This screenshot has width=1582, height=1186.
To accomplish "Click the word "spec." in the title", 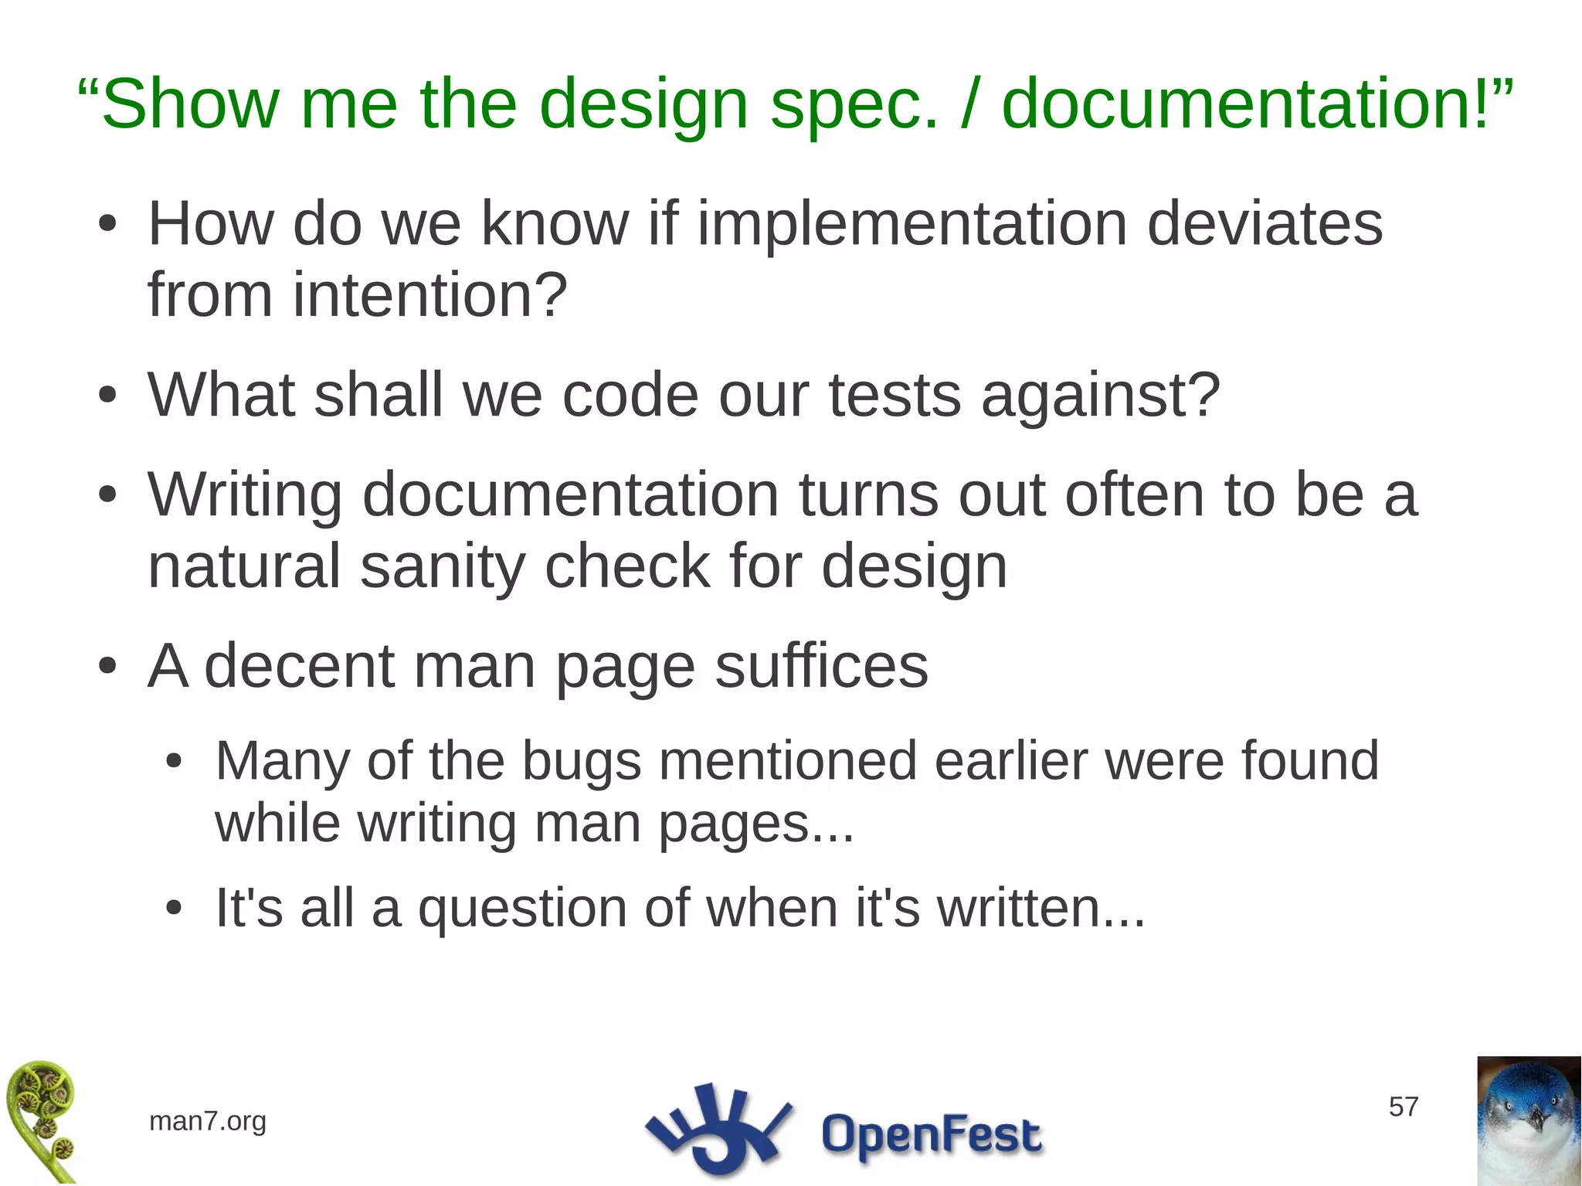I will tap(854, 104).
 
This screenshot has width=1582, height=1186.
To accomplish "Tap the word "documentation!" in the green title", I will tap(1244, 104).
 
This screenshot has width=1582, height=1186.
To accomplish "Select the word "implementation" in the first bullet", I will tap(912, 224).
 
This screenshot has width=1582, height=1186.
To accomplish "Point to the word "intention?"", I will tap(429, 296).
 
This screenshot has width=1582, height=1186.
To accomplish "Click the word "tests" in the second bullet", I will tap(895, 395).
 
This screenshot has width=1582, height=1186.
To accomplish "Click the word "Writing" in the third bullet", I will tap(245, 496).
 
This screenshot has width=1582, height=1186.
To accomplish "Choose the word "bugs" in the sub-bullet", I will tap(581, 762).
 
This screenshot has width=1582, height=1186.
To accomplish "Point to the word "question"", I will tap(521, 909).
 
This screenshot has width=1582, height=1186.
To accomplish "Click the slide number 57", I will tap(1403, 1107).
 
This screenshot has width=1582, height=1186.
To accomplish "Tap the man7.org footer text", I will tap(207, 1121).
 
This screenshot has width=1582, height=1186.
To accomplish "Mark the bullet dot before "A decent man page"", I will tap(108, 666).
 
